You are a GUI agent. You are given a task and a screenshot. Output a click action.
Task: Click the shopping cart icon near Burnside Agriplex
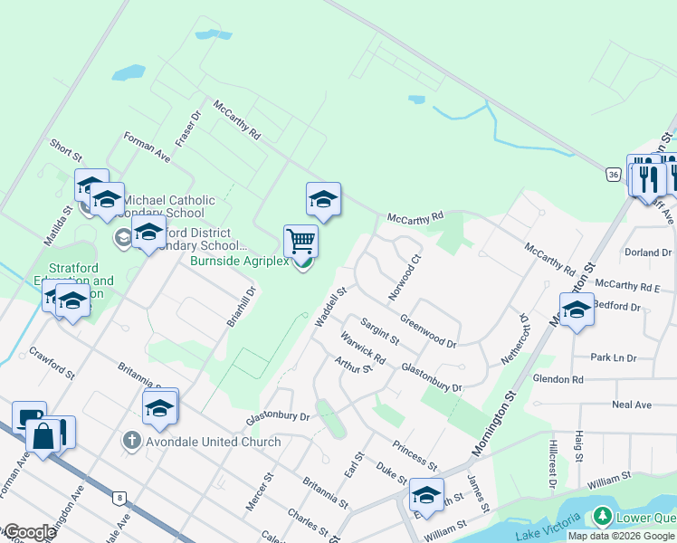[300, 242]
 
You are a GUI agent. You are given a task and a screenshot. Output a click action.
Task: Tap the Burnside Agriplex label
[239, 262]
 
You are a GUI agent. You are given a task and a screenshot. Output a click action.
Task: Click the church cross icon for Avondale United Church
[131, 442]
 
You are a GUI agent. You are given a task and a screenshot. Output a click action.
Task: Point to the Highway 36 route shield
[613, 173]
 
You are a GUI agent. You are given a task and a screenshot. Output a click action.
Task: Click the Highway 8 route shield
[119, 497]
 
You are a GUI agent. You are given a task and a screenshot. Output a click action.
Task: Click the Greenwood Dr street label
[428, 331]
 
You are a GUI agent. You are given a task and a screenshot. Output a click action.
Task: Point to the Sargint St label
[379, 331]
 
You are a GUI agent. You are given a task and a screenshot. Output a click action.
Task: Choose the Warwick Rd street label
[364, 348]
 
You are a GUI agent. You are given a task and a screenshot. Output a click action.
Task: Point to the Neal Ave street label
[631, 405]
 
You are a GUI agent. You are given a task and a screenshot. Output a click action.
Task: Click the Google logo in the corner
[29, 532]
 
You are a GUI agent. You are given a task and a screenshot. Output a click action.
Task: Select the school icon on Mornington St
[576, 310]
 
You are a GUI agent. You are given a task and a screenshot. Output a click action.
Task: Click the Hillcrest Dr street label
[552, 465]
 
